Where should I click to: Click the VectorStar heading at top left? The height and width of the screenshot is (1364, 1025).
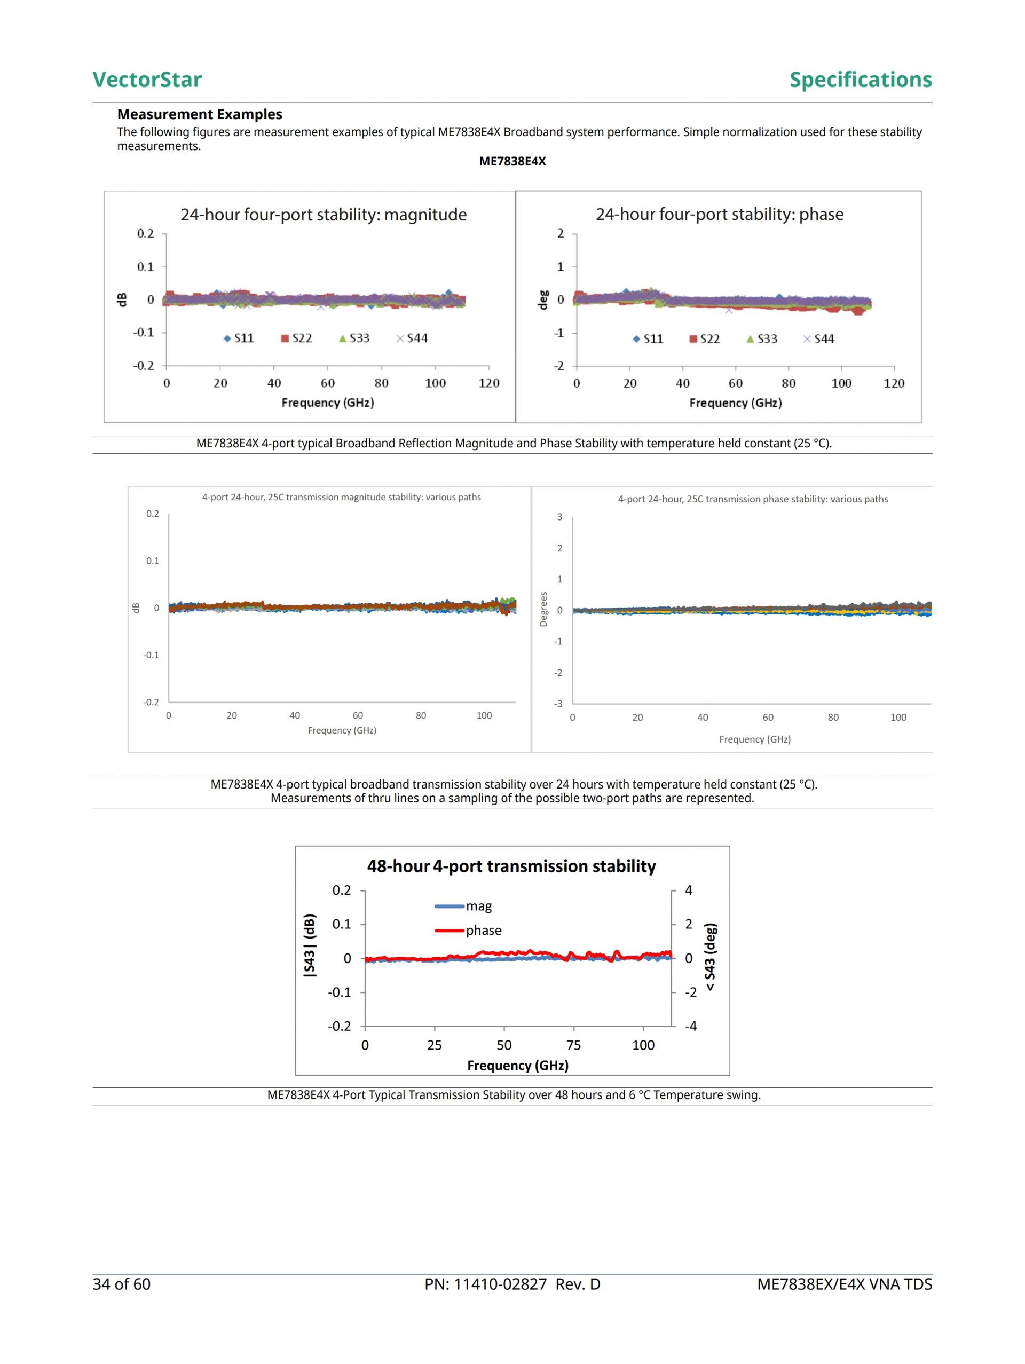click(x=147, y=80)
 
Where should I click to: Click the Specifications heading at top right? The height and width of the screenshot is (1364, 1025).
click(x=861, y=80)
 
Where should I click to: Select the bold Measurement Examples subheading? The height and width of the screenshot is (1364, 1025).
click(x=199, y=114)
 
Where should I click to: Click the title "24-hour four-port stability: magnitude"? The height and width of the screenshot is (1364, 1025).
click(x=323, y=215)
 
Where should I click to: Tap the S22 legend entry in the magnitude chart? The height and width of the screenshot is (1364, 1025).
click(x=297, y=338)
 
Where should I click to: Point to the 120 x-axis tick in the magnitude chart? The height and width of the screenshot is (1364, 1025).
click(x=489, y=383)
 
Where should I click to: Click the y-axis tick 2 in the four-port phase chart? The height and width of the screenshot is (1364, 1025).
click(x=561, y=233)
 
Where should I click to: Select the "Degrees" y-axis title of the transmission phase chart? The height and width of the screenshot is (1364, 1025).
click(x=543, y=609)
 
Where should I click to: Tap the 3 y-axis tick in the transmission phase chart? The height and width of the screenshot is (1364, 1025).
click(x=559, y=517)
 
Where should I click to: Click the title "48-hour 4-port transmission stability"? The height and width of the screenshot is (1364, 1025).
click(x=511, y=866)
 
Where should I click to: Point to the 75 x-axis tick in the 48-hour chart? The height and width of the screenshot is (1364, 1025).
click(x=573, y=1045)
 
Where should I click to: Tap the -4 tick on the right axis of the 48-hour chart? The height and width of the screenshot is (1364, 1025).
click(x=691, y=1026)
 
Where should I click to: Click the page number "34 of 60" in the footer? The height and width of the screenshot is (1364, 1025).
click(x=122, y=1284)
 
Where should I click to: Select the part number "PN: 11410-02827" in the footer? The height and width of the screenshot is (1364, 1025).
click(x=485, y=1284)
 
